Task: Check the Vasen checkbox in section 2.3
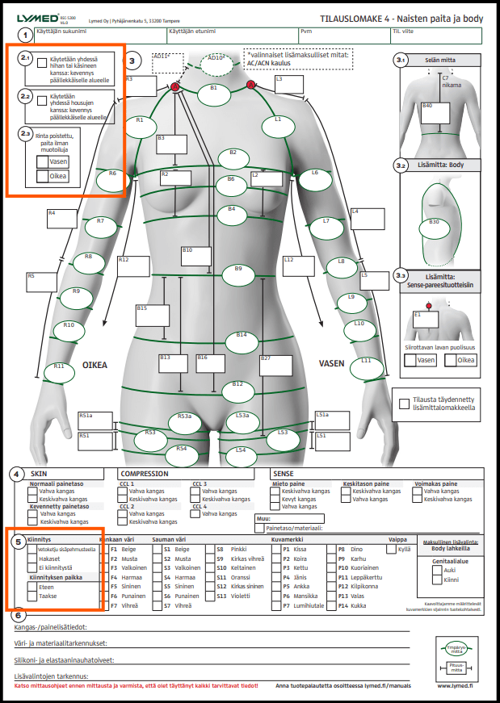pyautogui.click(x=43, y=161)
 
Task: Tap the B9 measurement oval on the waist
pyautogui.click(x=238, y=274)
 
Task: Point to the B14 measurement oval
pyautogui.click(x=241, y=341)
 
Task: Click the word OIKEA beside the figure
pyautogui.click(x=95, y=365)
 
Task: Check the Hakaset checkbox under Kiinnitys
pyautogui.click(x=32, y=558)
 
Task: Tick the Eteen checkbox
pyautogui.click(x=32, y=587)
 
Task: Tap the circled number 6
pyautogui.click(x=19, y=617)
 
